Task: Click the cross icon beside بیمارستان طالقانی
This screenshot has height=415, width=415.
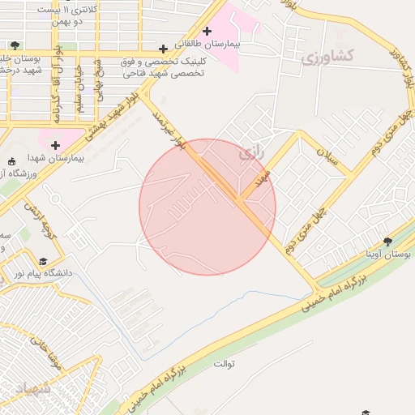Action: [x=207, y=31]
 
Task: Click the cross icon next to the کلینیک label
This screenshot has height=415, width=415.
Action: [x=164, y=49]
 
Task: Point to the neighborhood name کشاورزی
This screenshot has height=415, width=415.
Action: [x=327, y=57]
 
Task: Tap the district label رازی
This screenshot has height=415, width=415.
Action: [x=248, y=152]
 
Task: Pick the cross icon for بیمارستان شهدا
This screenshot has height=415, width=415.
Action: [x=55, y=145]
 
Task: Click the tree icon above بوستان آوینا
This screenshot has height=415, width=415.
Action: [x=388, y=241]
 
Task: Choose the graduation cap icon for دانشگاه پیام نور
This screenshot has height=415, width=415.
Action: [x=42, y=261]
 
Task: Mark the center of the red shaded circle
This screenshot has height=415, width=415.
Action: [x=207, y=207]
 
